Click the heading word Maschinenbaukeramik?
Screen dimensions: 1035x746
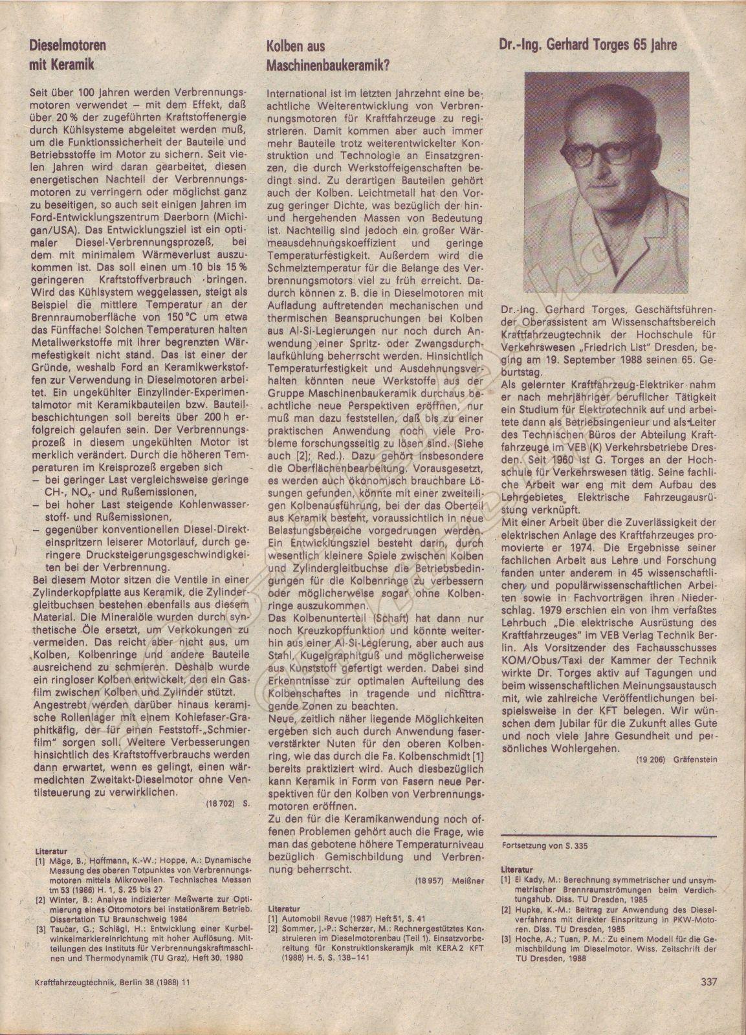point(327,66)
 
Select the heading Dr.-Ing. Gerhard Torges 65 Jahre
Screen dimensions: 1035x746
point(588,45)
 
